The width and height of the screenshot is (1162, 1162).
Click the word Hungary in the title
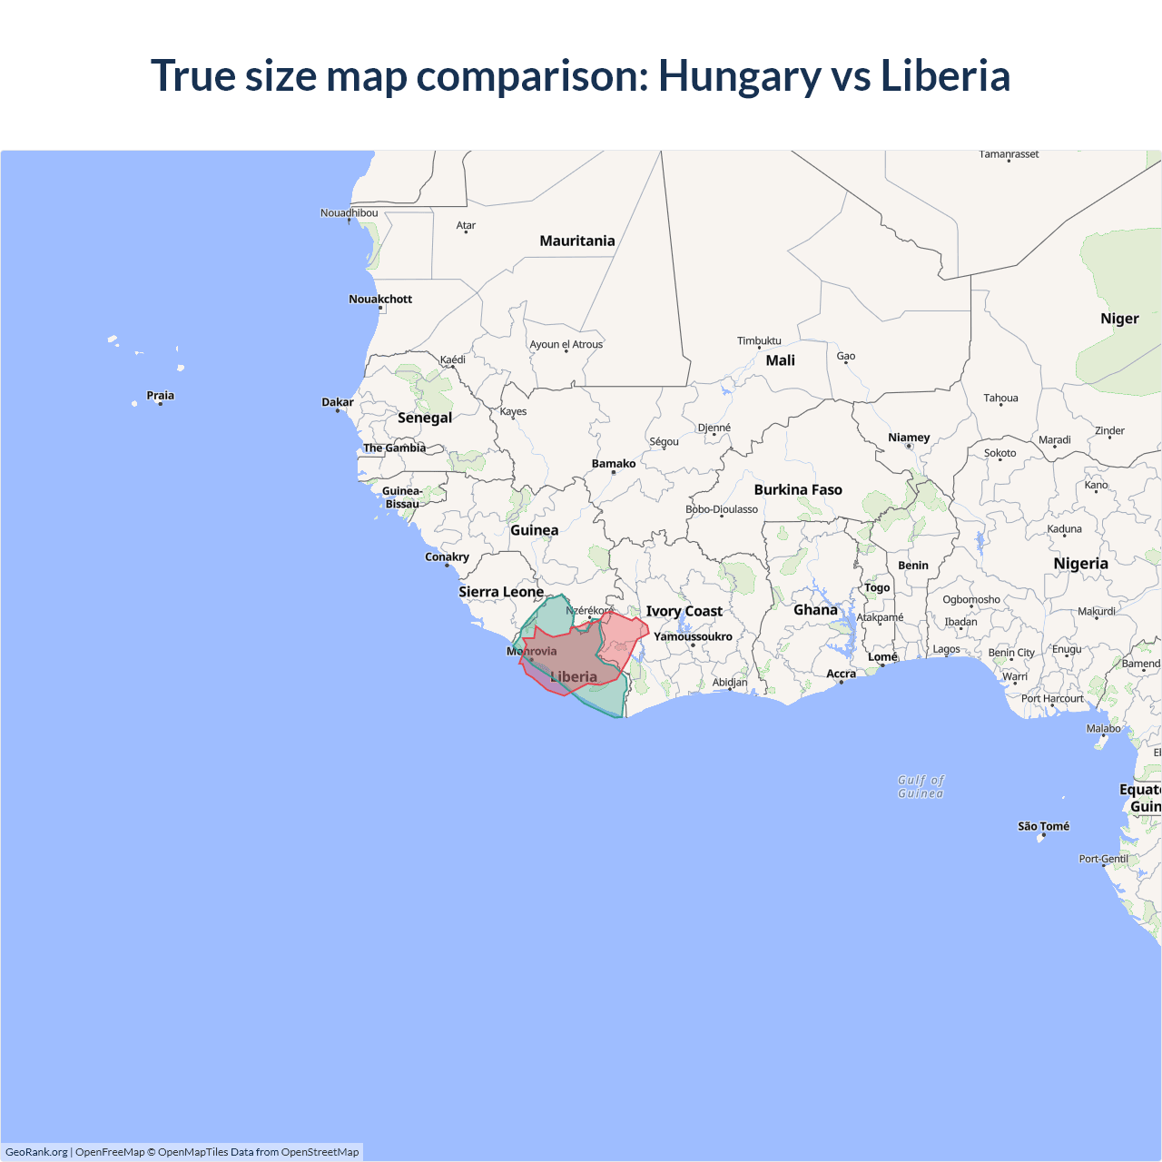739,76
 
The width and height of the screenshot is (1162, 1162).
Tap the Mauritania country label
577,241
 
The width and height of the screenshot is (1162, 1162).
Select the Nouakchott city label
380,299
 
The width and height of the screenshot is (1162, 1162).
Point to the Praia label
160,396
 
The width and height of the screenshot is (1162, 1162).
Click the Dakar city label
338,402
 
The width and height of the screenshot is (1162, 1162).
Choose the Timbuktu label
759,341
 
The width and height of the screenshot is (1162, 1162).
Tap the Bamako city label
614,464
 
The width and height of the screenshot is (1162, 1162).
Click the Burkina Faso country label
798,490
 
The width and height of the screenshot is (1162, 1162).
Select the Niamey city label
909,438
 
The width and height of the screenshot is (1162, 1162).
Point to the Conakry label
447,557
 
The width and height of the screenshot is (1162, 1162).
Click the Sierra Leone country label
501,592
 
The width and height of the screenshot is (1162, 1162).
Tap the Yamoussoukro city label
693,636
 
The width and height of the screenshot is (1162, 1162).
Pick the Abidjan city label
730,683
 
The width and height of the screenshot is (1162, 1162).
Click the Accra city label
841,674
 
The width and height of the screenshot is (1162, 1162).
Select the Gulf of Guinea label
921,786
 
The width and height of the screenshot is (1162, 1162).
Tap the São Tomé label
1043,826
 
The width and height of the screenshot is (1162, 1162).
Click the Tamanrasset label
1009,154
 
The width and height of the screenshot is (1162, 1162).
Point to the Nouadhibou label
349,213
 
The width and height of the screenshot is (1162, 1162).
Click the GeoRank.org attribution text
36,1152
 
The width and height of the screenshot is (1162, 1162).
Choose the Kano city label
1096,485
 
